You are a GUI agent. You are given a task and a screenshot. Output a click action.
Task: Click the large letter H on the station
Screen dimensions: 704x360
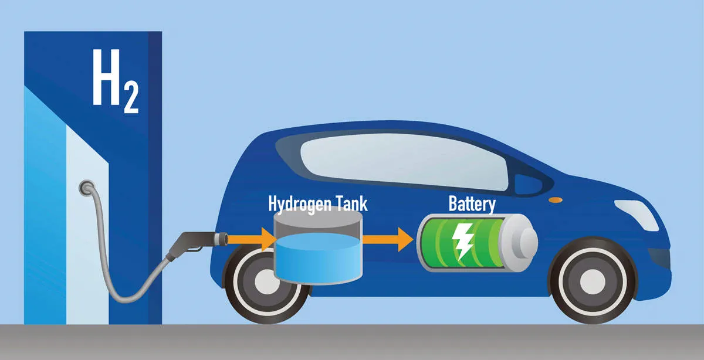point(106,77)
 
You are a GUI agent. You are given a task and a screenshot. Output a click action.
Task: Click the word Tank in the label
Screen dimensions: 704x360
point(352,203)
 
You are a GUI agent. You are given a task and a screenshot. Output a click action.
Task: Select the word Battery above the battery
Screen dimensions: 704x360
point(472,204)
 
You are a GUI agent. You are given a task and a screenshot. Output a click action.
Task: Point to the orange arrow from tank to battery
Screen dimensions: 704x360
point(388,240)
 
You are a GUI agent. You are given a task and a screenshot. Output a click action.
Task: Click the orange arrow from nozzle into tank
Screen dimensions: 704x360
point(252,240)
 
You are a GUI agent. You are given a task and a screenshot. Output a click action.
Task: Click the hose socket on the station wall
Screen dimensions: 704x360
point(87,187)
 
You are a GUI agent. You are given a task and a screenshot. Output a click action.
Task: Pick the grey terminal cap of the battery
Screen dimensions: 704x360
point(519,243)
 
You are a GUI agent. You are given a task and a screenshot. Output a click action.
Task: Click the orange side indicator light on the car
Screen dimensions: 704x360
point(556,200)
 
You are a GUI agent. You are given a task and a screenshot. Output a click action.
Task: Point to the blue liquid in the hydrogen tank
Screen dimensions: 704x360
point(318,259)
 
